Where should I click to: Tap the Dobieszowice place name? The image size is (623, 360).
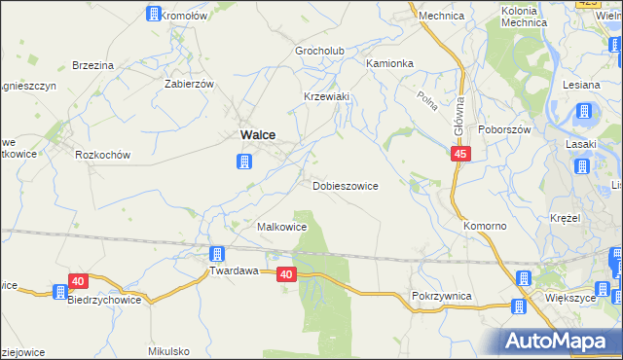[x=346, y=185]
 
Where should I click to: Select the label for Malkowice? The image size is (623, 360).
[x=281, y=227]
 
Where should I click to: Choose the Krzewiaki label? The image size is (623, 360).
[x=326, y=96]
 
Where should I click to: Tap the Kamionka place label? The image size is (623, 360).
[x=389, y=63]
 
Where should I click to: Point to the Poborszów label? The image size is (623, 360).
[x=502, y=129]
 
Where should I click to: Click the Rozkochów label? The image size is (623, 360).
[x=103, y=154]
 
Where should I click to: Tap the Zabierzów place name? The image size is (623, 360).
[x=190, y=84]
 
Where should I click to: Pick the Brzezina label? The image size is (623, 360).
[x=93, y=65]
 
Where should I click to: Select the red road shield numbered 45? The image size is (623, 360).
[x=462, y=155]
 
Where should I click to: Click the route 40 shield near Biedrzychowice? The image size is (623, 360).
[x=79, y=281]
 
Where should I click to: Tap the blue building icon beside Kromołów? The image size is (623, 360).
[x=153, y=14]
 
